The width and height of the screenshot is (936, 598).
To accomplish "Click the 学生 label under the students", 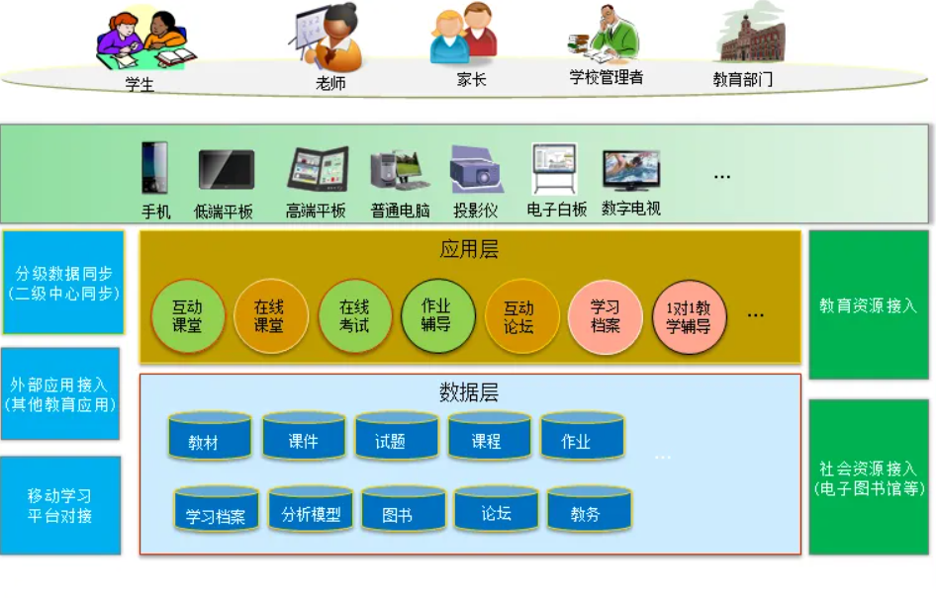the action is click(140, 84).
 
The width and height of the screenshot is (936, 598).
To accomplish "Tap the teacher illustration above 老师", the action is click(327, 37).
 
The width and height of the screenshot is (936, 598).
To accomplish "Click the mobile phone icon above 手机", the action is click(154, 167).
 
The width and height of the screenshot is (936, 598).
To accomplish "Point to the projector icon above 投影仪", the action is click(476, 169).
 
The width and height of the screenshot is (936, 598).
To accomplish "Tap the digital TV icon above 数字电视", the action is click(631, 171).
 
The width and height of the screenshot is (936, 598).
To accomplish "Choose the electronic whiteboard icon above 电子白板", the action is click(554, 168).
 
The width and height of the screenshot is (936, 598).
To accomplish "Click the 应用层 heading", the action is click(469, 249).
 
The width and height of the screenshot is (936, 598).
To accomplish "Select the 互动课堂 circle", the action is click(188, 316).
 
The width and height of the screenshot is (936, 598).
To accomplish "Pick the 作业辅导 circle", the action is click(437, 315).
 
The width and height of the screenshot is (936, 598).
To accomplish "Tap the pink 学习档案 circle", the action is click(606, 316).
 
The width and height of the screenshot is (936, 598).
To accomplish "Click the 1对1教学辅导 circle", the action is click(689, 317).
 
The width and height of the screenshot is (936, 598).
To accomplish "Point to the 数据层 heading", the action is click(469, 391).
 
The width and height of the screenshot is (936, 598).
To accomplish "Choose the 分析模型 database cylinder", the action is click(311, 509).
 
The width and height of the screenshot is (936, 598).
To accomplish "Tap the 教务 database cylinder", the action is click(589, 509).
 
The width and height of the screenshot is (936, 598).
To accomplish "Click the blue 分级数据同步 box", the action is click(63, 282).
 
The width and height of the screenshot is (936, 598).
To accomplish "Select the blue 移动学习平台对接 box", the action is click(60, 506).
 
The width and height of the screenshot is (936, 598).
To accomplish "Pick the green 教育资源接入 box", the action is click(869, 304).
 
